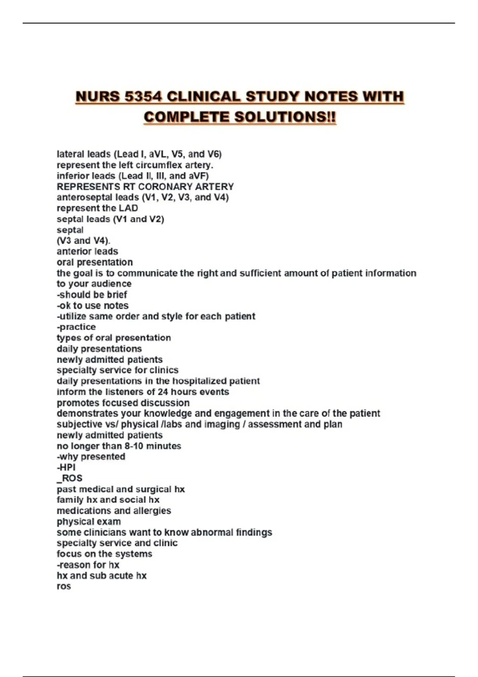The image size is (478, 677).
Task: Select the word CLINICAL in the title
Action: tap(204, 97)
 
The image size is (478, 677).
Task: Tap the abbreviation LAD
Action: tap(128, 208)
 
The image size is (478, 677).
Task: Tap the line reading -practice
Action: tap(76, 327)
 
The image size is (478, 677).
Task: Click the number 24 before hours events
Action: tap(163, 392)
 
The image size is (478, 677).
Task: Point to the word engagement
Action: tap(242, 413)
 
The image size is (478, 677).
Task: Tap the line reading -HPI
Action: tap(66, 468)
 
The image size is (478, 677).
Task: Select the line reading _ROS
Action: tap(70, 478)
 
